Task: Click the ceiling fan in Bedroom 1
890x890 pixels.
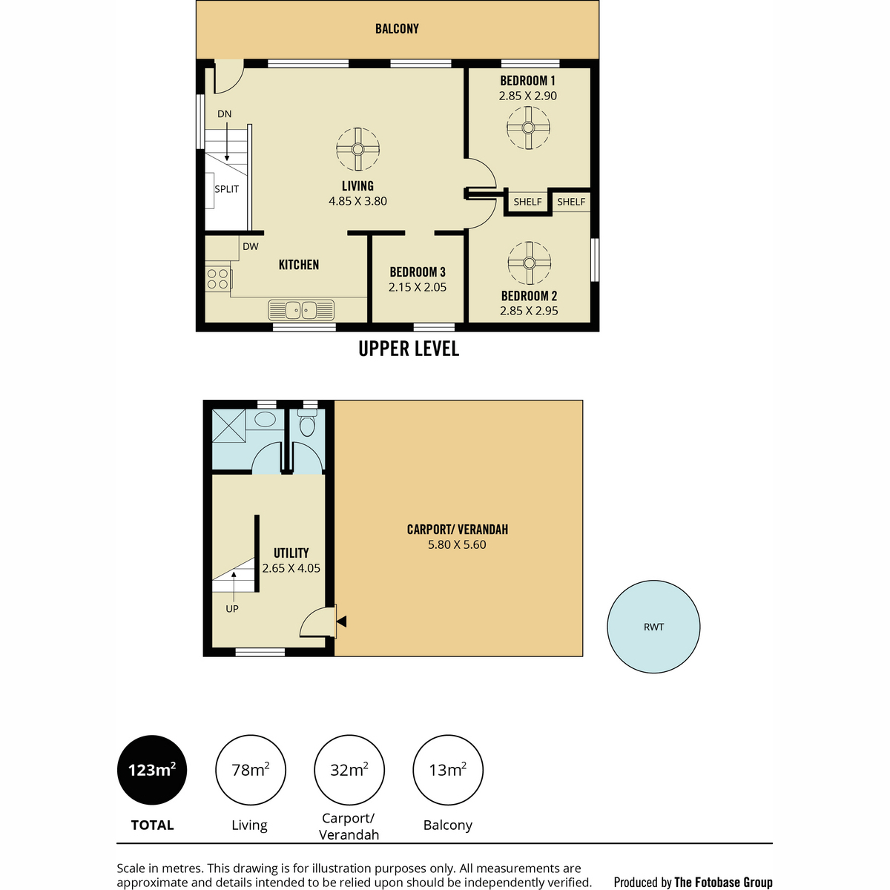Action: tap(528, 128)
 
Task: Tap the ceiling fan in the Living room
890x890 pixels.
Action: tap(357, 149)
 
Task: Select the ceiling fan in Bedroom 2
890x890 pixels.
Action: tap(530, 263)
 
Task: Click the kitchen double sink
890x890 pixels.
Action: tap(301, 310)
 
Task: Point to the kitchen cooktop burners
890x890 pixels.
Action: tap(218, 279)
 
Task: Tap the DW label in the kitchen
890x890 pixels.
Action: tap(251, 247)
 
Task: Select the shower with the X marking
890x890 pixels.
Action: tap(228, 426)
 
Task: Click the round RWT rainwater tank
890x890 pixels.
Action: tap(653, 627)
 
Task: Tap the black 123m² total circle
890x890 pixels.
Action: tap(152, 770)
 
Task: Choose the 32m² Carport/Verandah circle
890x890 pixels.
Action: tap(349, 770)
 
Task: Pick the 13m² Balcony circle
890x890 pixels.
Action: tap(447, 770)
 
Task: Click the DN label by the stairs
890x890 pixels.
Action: tap(225, 114)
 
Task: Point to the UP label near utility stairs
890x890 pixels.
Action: tap(232, 609)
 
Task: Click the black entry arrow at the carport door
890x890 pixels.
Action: tap(341, 622)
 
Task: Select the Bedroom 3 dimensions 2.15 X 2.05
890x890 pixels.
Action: tap(417, 287)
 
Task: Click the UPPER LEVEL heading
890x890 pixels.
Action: tap(409, 349)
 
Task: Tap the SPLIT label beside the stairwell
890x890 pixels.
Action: tap(226, 189)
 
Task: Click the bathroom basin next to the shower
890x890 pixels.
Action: tap(265, 419)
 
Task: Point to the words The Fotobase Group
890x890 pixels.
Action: tap(723, 882)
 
